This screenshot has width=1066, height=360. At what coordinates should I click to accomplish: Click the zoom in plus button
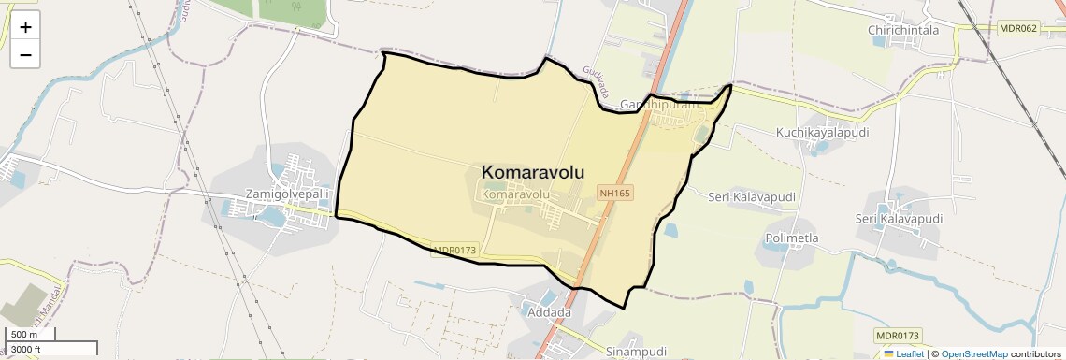pyautogui.click(x=25, y=27)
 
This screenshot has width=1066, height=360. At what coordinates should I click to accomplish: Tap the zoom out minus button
pyautogui.click(x=25, y=55)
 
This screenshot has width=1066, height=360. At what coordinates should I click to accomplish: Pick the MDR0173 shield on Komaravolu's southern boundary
pyautogui.click(x=455, y=251)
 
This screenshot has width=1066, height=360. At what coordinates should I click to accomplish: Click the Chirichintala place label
pyautogui.click(x=902, y=31)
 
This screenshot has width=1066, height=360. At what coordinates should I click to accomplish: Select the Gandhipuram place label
pyautogui.click(x=660, y=105)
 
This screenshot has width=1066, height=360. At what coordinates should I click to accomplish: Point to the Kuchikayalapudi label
pyautogui.click(x=822, y=132)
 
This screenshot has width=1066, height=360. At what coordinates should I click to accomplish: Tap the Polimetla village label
pyautogui.click(x=792, y=238)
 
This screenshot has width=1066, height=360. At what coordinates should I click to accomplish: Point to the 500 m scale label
pyautogui.click(x=25, y=335)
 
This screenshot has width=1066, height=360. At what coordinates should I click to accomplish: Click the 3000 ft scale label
pyautogui.click(x=28, y=350)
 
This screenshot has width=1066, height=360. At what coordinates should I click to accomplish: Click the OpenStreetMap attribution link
pyautogui.click(x=974, y=353)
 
